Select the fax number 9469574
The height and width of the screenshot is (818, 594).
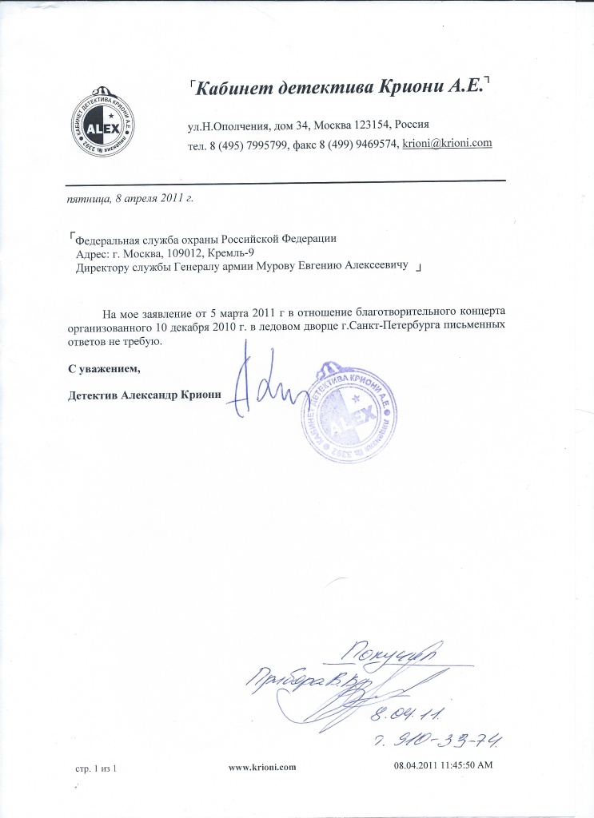click(x=370, y=144)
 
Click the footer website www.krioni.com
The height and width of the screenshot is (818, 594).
click(x=262, y=767)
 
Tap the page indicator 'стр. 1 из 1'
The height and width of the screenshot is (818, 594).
click(x=95, y=768)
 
